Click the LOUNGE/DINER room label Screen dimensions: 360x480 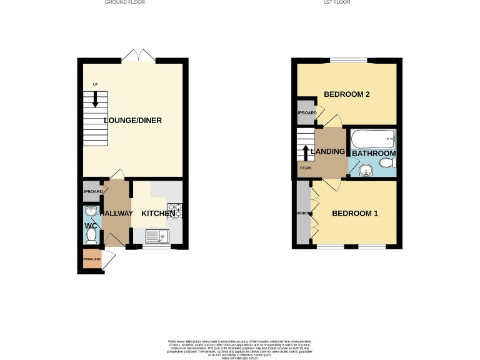pyautogui.click(x=133, y=121)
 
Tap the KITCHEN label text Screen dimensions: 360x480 pyautogui.click(x=158, y=214)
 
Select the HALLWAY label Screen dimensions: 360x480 pyautogui.click(x=117, y=214)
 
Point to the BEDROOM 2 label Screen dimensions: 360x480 pyautogui.click(x=347, y=94)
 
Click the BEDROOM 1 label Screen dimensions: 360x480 pyautogui.click(x=355, y=214)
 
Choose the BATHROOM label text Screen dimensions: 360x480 pyautogui.click(x=374, y=153)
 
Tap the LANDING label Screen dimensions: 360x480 pyautogui.click(x=327, y=151)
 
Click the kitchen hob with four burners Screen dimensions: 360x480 pyautogui.click(x=175, y=211)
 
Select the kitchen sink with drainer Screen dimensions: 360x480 pyautogui.click(x=157, y=236)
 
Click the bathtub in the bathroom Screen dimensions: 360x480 pyautogui.click(x=373, y=138)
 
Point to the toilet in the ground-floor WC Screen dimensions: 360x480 pyautogui.click(x=91, y=235)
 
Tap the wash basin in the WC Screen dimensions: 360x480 pyautogui.click(x=91, y=212)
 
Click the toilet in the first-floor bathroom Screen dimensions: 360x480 pyautogui.click(x=387, y=163)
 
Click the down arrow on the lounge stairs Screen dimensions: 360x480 pyautogui.click(x=95, y=99)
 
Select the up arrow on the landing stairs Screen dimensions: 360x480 pyautogui.click(x=306, y=153)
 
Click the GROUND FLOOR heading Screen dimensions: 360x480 pyautogui.click(x=124, y=2)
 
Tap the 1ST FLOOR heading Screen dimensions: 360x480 pyautogui.click(x=336, y=2)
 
